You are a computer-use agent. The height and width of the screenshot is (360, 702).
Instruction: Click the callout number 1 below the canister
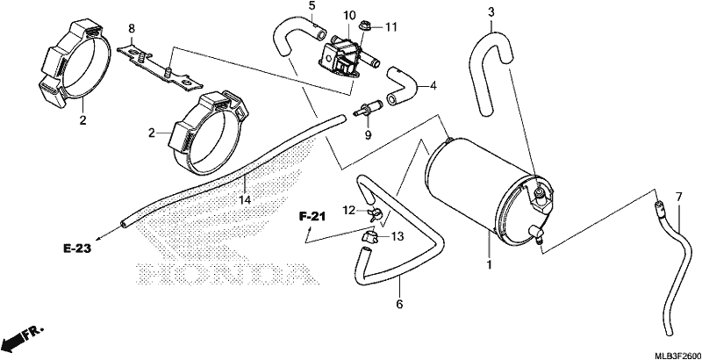pyautogui.click(x=490, y=264)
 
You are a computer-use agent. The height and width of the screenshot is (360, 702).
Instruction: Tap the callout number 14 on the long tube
pyautogui.click(x=246, y=199)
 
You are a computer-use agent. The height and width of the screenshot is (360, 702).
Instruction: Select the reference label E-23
pyautogui.click(x=77, y=248)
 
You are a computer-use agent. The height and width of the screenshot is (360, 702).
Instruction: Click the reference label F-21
pyautogui.click(x=312, y=218)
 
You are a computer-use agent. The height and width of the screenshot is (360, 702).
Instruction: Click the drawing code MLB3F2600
pyautogui.click(x=677, y=356)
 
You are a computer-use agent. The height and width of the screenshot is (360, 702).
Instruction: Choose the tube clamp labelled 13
pyautogui.click(x=369, y=237)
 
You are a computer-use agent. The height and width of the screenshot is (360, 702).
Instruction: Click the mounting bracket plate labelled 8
pyautogui.click(x=161, y=66)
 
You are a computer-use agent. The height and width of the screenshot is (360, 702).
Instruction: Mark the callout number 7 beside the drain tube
pyautogui.click(x=678, y=196)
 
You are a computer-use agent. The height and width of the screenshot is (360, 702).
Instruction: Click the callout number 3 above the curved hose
pyautogui.click(x=491, y=12)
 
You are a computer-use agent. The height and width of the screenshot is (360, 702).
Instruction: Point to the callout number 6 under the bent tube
pyautogui.click(x=399, y=305)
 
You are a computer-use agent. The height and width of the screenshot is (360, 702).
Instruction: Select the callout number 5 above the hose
pyautogui.click(x=312, y=6)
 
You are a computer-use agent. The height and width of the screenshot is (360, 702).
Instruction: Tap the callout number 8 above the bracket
pyautogui.click(x=131, y=29)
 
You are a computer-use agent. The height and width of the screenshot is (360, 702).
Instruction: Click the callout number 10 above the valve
pyautogui.click(x=349, y=15)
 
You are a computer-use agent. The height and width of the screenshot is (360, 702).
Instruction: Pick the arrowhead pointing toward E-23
pyautogui.click(x=98, y=238)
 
